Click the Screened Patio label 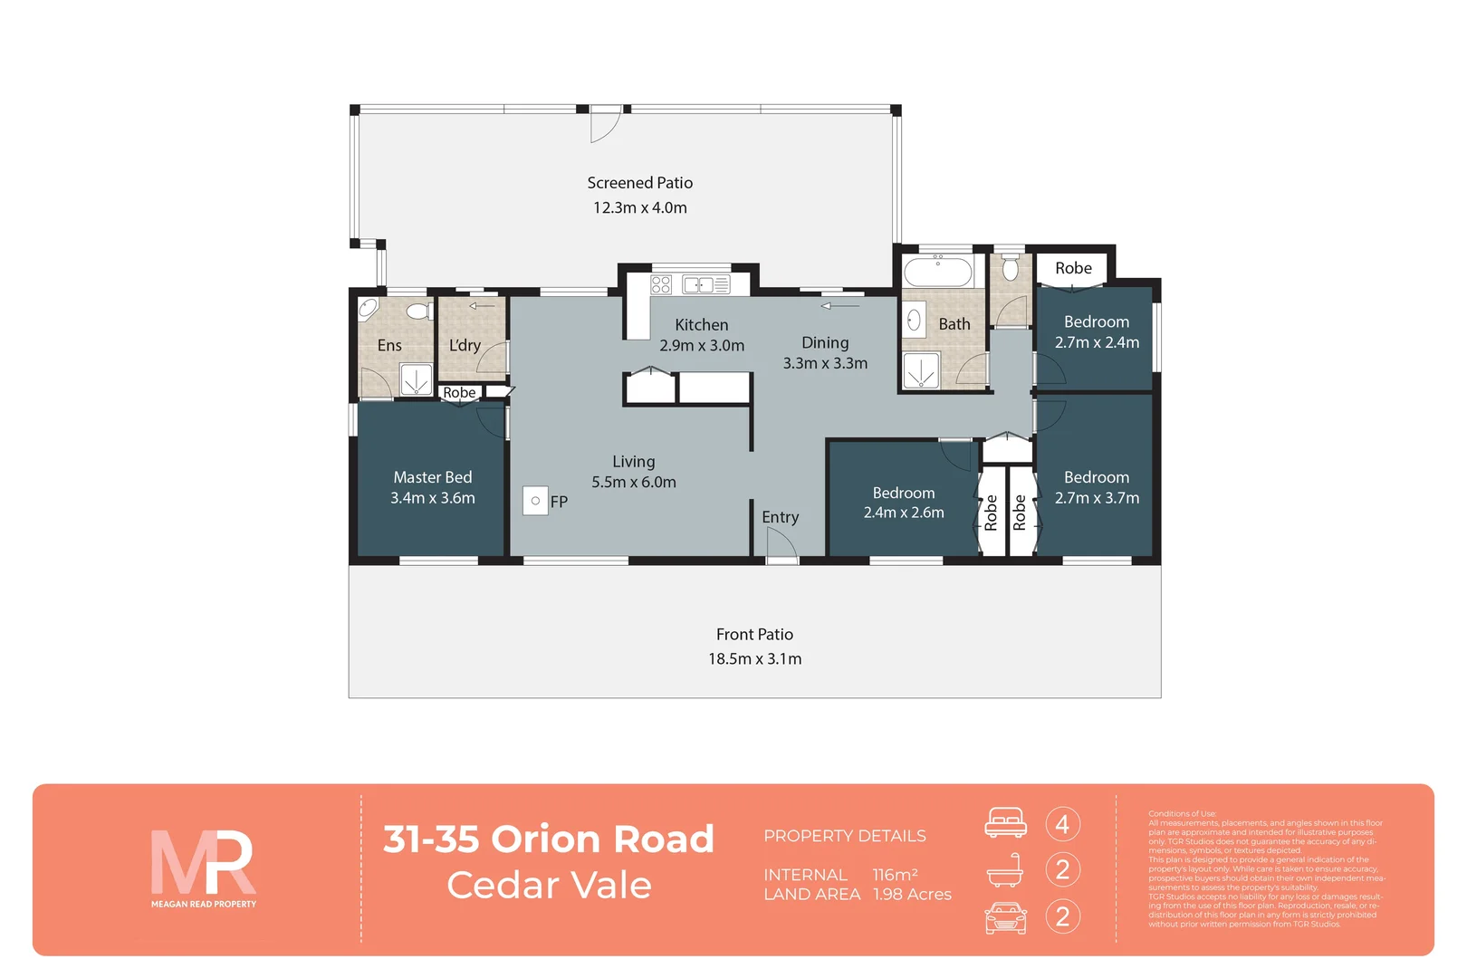tap(639, 183)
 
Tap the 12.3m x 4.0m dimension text tap(639, 207)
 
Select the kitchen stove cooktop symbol tap(661, 285)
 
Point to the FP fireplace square tap(535, 501)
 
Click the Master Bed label tap(432, 477)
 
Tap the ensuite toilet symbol tap(417, 312)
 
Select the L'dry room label tap(465, 345)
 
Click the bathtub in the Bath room tap(938, 271)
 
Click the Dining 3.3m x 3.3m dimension tap(825, 363)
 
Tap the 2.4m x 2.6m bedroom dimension tap(903, 513)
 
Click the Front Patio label tap(754, 635)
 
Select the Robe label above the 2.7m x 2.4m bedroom tap(1073, 268)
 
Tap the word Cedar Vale tap(549, 885)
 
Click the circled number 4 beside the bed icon tap(1062, 824)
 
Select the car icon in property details tap(1005, 917)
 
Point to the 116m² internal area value tap(895, 875)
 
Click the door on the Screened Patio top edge tap(605, 123)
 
